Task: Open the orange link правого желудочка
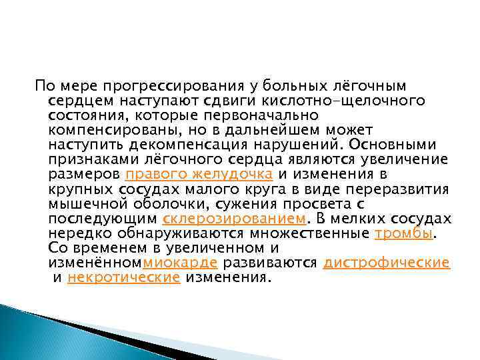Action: [x=199, y=174]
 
